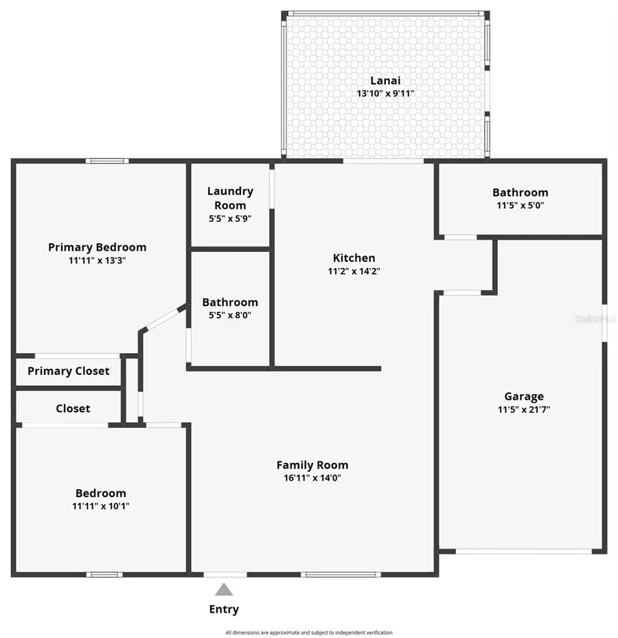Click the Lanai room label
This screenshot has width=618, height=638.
coord(385,80)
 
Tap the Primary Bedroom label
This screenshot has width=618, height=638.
coord(97,247)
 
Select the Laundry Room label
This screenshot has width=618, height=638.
coord(230,198)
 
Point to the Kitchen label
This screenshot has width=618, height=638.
coord(354,258)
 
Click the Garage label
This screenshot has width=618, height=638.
coord(524,396)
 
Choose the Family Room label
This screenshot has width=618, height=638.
coord(312,465)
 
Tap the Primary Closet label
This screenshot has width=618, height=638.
coord(68,371)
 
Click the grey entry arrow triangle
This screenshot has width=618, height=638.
coord(224,589)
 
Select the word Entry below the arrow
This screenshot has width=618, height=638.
coord(224,609)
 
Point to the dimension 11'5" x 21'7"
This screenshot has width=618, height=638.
coord(524,409)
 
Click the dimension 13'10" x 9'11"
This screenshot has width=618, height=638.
coord(385,93)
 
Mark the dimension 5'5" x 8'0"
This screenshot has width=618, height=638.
coord(230,315)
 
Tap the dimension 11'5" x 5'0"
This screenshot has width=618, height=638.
coord(520,205)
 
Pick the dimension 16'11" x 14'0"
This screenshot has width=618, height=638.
coord(312,478)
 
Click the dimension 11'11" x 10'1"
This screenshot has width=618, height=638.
coord(100,505)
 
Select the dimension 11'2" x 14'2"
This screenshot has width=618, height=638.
coord(354,271)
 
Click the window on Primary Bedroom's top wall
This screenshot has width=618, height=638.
coord(107,161)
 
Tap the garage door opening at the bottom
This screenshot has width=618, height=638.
coord(523,551)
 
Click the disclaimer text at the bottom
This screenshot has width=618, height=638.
coord(309,633)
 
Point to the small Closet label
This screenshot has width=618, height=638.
coord(73,409)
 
